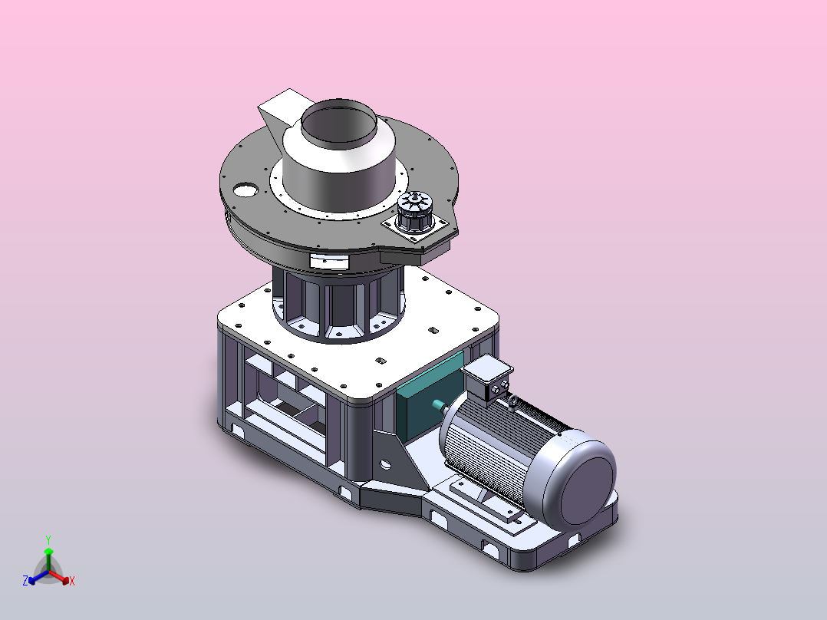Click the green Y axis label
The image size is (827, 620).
click(48, 539)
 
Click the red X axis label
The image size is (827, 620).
click(72, 581)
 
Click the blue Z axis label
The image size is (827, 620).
click(25, 581)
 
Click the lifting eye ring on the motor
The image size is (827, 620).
click(512, 404)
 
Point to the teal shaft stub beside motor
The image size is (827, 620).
click(439, 405)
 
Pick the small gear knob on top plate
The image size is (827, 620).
click(416, 211)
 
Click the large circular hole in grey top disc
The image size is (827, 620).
click(245, 190)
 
